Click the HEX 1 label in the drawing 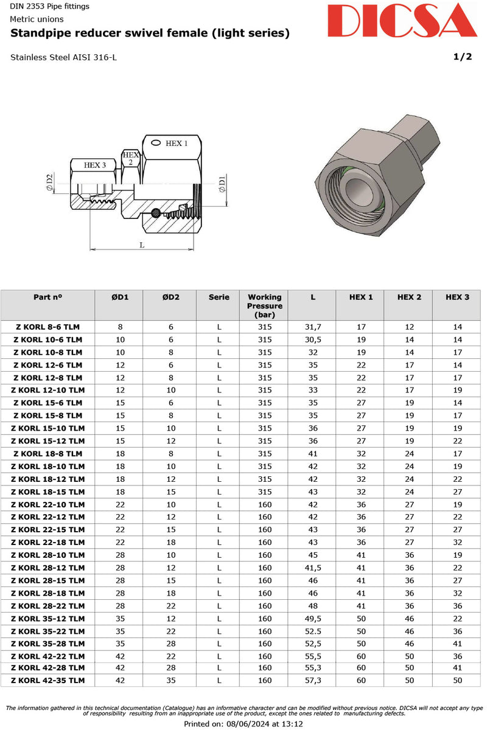coord(177,143)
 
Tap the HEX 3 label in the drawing coord(95,165)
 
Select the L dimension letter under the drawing coord(142,245)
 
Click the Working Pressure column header coord(264,305)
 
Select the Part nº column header coord(48,297)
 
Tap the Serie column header coord(219,297)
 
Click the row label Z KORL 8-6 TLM coord(48,327)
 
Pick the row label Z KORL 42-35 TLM coord(48,681)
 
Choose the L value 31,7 coord(312,327)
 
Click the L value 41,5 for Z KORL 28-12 coord(312,568)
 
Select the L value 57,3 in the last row coord(312,681)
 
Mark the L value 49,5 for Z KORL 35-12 coord(312,618)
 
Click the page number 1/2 coord(462,57)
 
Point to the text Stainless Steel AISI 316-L coord(63,58)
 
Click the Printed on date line coord(243,724)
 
